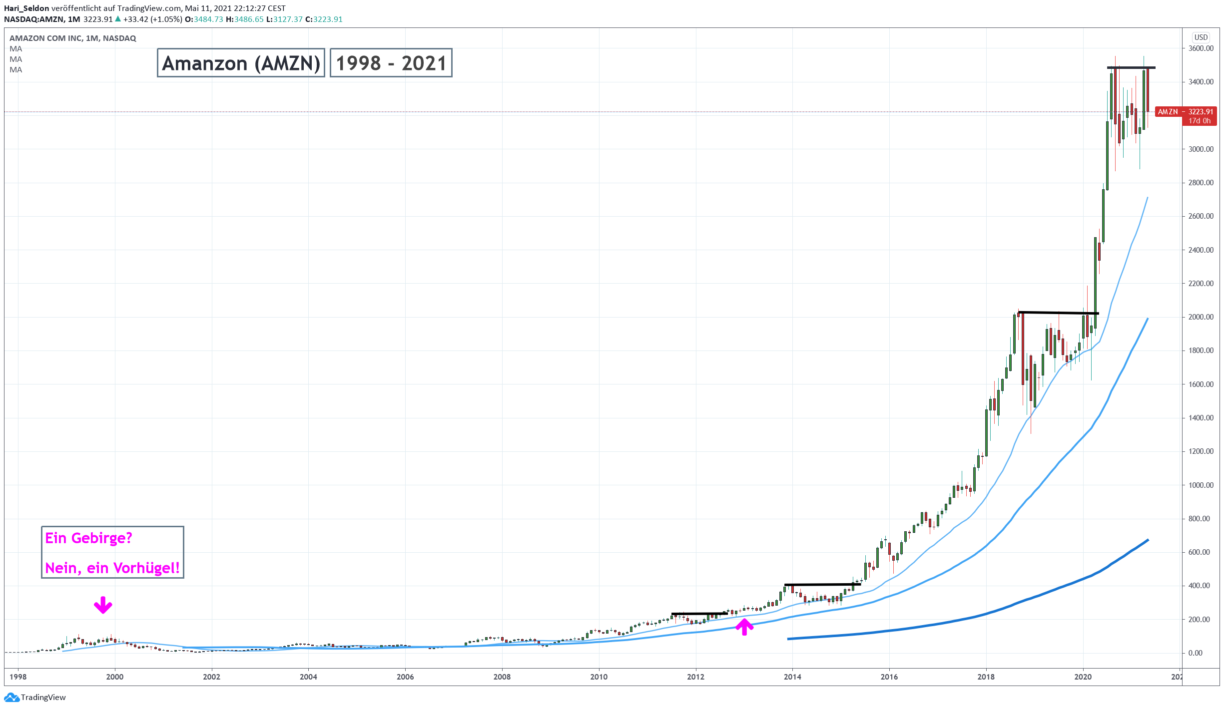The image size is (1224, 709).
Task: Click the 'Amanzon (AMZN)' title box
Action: [x=241, y=63]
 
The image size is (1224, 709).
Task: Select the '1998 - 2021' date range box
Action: [x=391, y=63]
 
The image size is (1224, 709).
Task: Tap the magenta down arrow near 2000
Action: [x=103, y=605]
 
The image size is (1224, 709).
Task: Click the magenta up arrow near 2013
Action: [x=744, y=627]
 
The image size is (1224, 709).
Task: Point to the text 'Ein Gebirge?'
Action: [x=88, y=538]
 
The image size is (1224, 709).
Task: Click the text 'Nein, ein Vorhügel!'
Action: [x=112, y=568]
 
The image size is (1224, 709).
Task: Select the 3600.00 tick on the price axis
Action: [x=1201, y=48]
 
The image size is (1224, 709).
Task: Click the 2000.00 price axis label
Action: [x=1201, y=317]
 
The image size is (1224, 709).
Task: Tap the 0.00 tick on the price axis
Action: [x=1195, y=653]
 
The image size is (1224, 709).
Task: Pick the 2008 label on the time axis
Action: [x=502, y=677]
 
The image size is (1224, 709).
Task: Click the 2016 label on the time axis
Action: [x=889, y=677]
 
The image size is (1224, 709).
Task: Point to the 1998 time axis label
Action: [x=18, y=677]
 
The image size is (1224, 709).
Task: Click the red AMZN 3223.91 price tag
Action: [x=1185, y=112]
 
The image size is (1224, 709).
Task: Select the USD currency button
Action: [x=1201, y=37]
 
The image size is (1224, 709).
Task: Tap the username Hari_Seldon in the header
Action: [x=26, y=8]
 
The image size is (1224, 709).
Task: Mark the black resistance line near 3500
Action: [x=1131, y=67]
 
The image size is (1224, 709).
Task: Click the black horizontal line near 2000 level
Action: [x=1058, y=313]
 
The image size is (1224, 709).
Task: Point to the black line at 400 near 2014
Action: [x=822, y=584]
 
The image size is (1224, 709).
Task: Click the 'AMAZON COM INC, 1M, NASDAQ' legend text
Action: [x=73, y=38]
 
